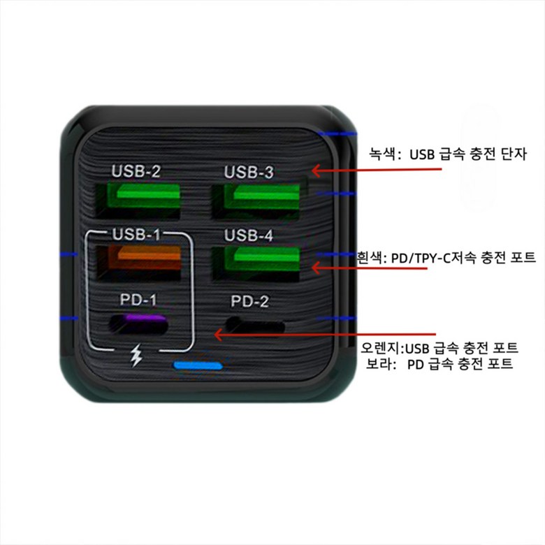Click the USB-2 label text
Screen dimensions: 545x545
[136, 171]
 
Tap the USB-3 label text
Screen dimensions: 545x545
[248, 173]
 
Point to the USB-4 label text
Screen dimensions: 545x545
[248, 236]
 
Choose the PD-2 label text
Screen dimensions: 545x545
[249, 301]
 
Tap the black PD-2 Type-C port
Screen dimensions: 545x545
[256, 325]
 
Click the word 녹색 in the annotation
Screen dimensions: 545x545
[384, 154]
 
